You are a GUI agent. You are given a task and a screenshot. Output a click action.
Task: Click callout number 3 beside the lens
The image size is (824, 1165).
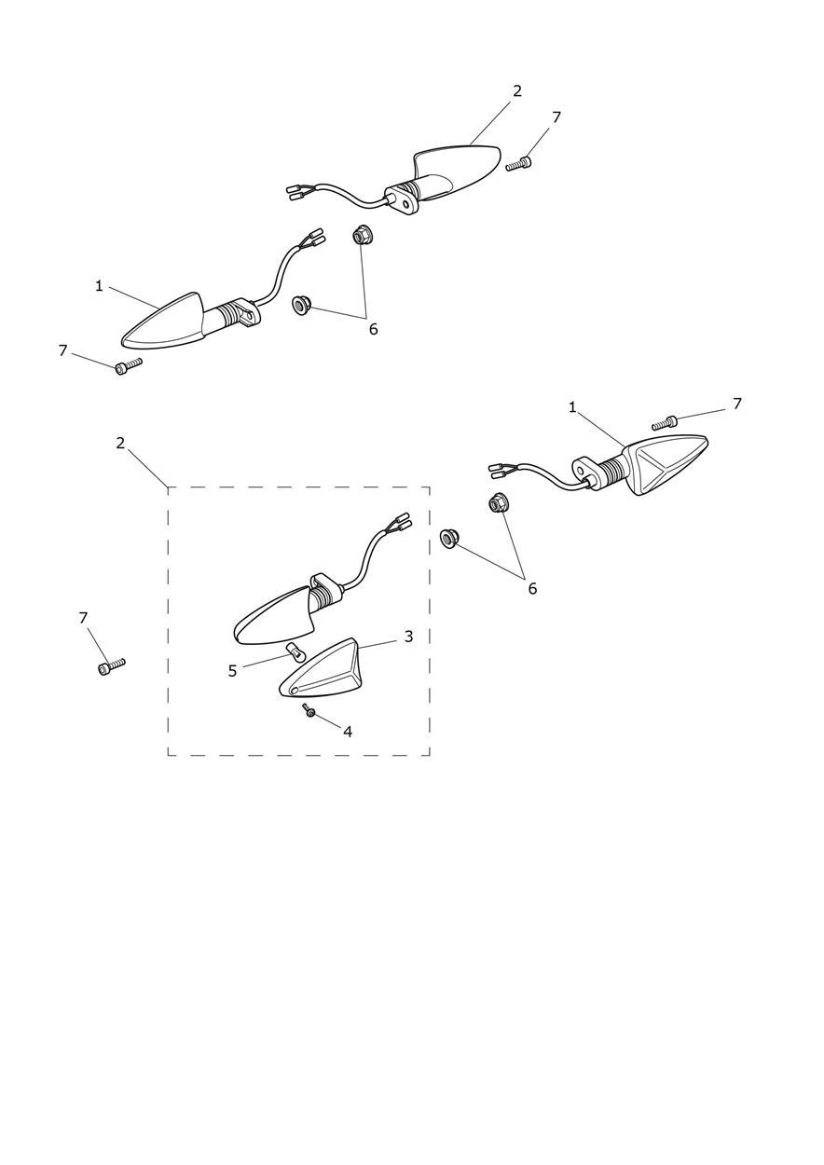click(408, 636)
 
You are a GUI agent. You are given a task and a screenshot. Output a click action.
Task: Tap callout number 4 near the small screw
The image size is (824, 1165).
click(348, 732)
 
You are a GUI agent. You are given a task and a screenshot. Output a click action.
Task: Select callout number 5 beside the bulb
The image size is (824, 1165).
click(232, 671)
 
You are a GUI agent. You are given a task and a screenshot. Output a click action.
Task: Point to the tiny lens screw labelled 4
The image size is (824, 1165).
click(308, 709)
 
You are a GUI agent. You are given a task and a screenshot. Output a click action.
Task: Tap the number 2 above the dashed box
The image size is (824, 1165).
click(120, 443)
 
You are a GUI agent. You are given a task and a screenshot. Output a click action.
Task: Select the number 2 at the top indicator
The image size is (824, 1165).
click(516, 91)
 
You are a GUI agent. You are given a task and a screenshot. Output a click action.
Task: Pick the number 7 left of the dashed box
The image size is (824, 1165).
click(83, 618)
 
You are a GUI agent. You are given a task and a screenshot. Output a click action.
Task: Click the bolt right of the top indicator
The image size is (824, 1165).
click(519, 164)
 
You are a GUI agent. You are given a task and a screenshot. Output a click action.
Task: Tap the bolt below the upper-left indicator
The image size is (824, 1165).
click(128, 365)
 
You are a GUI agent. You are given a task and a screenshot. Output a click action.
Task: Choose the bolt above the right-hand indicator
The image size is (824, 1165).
click(666, 422)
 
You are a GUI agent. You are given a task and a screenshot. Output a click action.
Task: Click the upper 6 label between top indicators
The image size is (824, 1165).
click(373, 329)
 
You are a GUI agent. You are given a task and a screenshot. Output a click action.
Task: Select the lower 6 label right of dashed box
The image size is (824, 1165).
click(532, 589)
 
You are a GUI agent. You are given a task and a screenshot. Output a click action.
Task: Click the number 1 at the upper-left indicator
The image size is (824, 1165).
click(99, 286)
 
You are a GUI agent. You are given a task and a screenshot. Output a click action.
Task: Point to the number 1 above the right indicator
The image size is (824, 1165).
click(572, 408)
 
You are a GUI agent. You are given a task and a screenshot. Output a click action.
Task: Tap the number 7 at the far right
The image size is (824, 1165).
click(737, 404)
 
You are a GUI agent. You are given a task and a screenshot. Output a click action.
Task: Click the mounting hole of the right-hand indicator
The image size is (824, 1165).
click(582, 471)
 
